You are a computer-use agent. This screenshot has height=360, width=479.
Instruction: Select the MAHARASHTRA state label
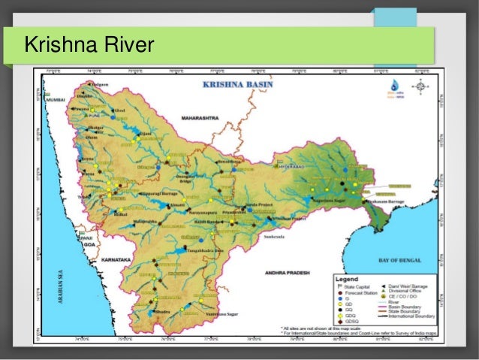(x=199, y=118)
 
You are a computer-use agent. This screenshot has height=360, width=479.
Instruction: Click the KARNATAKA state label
(x=112, y=259)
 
